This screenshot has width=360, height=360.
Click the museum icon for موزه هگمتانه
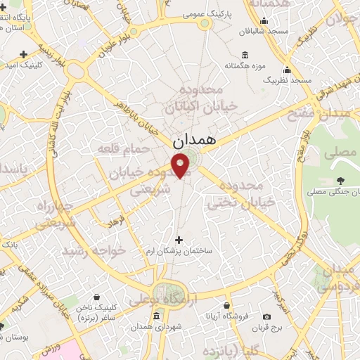pos(244,56)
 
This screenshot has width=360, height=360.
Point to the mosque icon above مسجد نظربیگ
pos(287,70)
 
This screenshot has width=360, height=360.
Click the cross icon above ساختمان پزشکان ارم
pos(179,240)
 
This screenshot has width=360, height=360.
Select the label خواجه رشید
pos(94,250)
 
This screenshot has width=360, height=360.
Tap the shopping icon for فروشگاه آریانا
pos(226,306)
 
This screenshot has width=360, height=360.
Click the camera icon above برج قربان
pos(266,317)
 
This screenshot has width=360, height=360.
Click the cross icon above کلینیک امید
pos(24,54)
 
